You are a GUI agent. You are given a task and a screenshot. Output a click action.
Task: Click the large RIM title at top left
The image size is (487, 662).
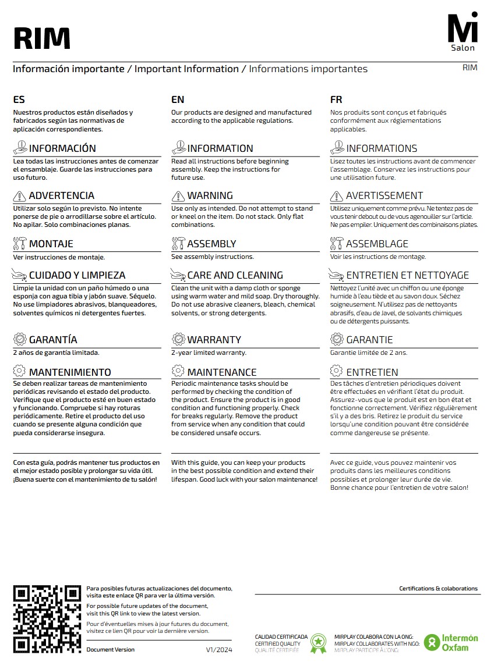tap(41, 38)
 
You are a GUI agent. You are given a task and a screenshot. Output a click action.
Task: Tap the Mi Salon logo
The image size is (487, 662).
tap(463, 31)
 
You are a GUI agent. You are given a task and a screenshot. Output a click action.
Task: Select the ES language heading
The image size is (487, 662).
tap(19, 100)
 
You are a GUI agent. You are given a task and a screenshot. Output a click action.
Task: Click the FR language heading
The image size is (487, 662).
tap(336, 100)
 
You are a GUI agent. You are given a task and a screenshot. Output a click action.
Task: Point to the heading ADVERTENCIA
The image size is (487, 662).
tap(61, 195)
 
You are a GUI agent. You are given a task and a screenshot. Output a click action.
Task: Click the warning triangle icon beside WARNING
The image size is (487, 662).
tap(178, 195)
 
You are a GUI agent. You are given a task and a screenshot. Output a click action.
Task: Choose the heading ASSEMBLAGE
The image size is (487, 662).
tap(377, 244)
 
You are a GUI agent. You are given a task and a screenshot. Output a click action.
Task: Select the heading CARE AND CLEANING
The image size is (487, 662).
tap(235, 275)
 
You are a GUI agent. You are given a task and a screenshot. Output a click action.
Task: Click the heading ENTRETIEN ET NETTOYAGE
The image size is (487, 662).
tap(407, 275)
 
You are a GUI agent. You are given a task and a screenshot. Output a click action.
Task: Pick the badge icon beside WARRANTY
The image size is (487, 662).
tap(178, 339)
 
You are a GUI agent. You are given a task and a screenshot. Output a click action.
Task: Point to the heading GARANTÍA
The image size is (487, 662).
tap(53, 340)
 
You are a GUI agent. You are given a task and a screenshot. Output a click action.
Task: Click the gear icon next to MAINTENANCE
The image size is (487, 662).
tap(178, 371)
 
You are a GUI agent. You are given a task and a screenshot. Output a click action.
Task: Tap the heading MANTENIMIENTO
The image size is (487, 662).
tap(70, 372)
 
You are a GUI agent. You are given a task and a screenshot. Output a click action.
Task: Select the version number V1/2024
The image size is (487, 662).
tap(218, 649)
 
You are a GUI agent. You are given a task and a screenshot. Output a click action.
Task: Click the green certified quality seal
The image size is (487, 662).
tap(318, 642)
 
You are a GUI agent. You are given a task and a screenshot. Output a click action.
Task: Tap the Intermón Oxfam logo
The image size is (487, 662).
tap(451, 642)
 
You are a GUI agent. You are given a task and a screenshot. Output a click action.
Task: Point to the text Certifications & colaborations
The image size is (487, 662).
tap(438, 588)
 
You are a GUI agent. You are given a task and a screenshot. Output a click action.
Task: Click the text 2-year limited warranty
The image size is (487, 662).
tap(209, 353)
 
